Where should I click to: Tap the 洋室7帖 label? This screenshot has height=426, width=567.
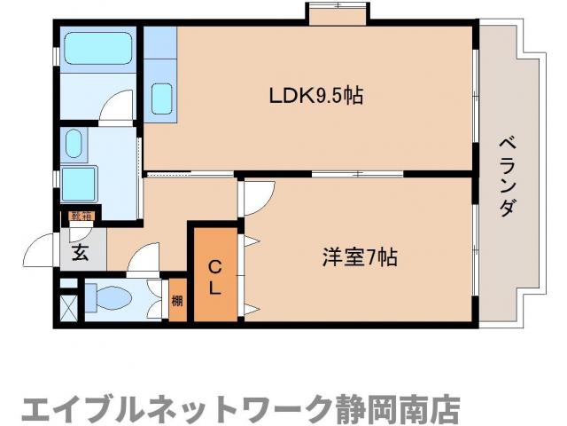click(x=358, y=258)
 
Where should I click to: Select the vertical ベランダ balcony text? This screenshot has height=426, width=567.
click(x=507, y=177)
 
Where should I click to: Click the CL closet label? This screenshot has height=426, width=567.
click(x=214, y=277)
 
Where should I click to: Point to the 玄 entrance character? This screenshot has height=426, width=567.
click(x=80, y=252)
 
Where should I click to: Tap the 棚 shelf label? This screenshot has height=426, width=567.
click(x=177, y=300)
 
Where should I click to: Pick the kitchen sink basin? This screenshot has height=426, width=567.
click(x=161, y=98)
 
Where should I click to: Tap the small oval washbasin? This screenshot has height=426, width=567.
click(x=74, y=143)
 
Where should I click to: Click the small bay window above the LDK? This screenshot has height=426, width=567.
click(x=337, y=14)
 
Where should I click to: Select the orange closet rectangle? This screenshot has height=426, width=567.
click(x=214, y=275)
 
